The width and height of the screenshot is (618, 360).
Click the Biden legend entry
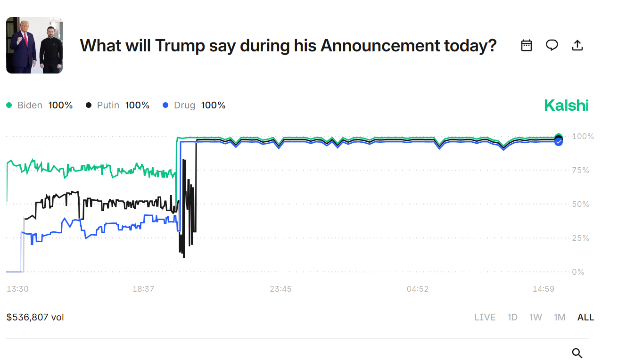[x=39, y=106]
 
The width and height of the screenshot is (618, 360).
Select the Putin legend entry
[x=117, y=106]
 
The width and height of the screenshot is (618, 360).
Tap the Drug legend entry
[x=194, y=106]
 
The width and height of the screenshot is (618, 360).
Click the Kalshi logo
[x=566, y=106]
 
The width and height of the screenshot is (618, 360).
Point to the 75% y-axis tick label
[x=580, y=170]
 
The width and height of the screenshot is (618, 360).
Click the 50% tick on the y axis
[x=580, y=204]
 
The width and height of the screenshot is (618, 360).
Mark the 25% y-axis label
[x=580, y=238]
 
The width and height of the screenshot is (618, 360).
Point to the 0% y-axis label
[x=578, y=272]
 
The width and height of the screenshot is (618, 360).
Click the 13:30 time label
[x=17, y=289]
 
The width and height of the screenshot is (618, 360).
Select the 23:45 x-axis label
[x=280, y=289]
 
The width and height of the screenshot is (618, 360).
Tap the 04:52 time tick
[x=418, y=289]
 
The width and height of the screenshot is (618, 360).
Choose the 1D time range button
[x=512, y=317]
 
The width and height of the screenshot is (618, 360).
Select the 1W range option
[x=536, y=317]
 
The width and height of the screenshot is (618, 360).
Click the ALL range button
[x=585, y=317]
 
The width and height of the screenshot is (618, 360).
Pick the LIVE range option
[x=485, y=317]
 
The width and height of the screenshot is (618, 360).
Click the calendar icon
[x=527, y=45]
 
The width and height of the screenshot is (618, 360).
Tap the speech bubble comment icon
[x=552, y=45]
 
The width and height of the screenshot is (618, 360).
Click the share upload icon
[x=577, y=45]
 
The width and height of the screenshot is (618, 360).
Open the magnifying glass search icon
[x=577, y=353]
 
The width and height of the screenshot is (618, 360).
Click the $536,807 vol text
[x=35, y=317]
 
